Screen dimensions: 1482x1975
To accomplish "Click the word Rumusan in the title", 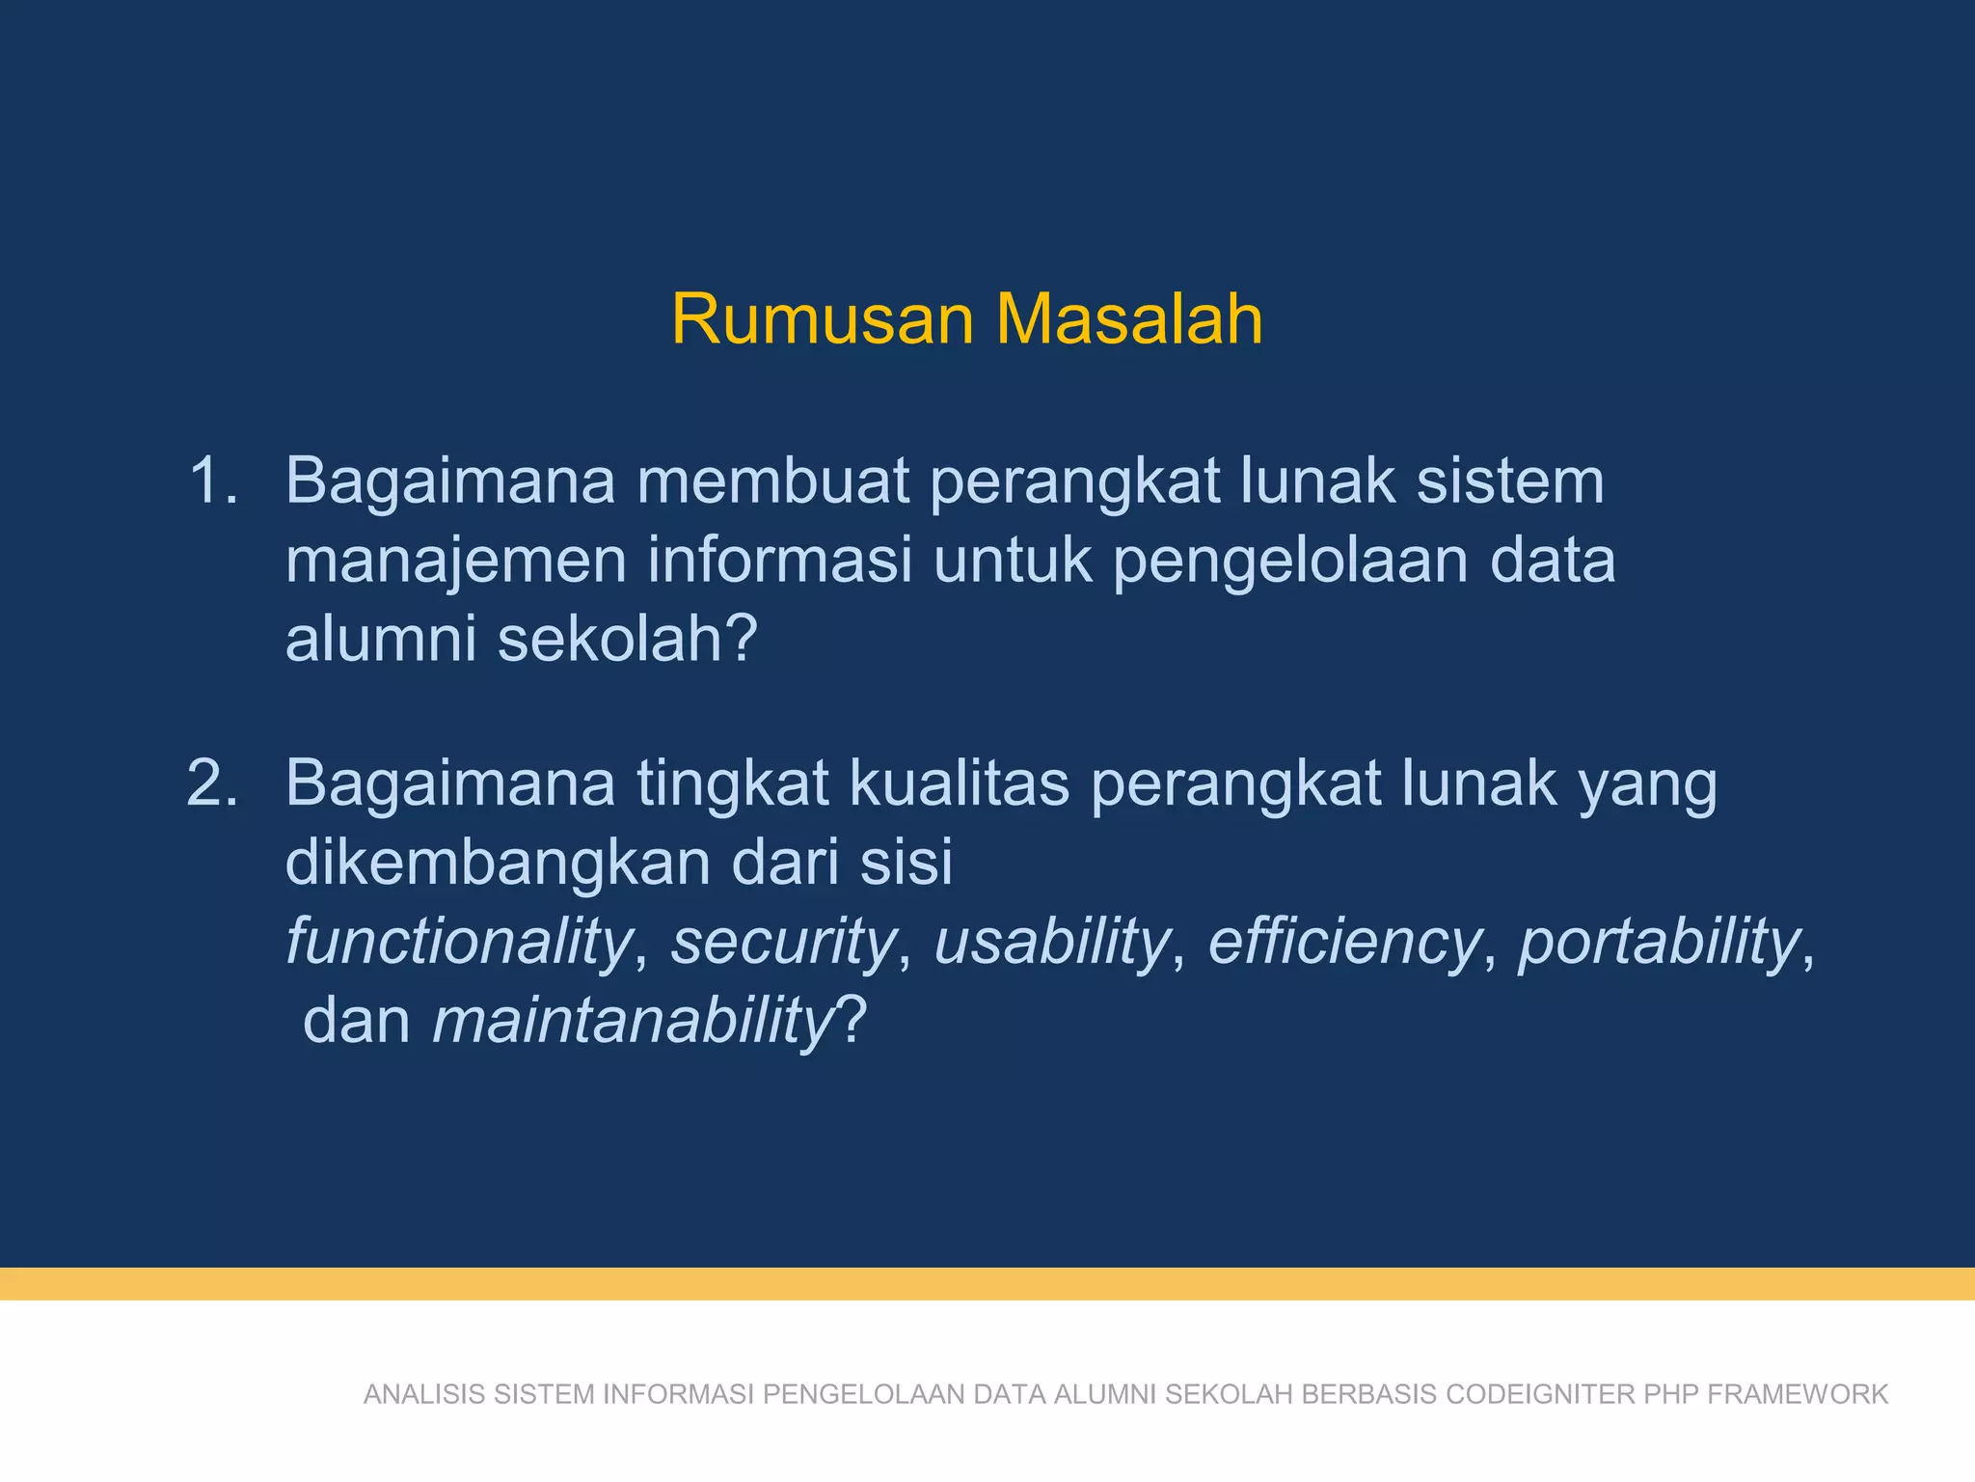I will pyautogui.click(x=823, y=319).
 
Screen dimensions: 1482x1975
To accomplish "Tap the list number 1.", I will pyautogui.click(x=212, y=480).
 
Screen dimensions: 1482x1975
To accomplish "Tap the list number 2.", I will pyautogui.click(x=212, y=782).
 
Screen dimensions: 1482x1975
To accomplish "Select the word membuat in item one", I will pyautogui.click(x=772, y=480).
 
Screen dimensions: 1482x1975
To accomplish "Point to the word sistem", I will pyautogui.click(x=1509, y=480).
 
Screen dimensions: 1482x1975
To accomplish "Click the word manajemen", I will pyautogui.click(x=455, y=561).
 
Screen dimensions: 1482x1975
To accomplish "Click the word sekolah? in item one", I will pyautogui.click(x=627, y=639).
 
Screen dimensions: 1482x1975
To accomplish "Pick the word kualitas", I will pyautogui.click(x=959, y=782).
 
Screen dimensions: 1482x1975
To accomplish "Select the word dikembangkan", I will pyautogui.click(x=497, y=862).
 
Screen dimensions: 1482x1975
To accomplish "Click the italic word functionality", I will pyautogui.click(x=459, y=942).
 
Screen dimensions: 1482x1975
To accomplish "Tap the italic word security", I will pyautogui.click(x=784, y=942).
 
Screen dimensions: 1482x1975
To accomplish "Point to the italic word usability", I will pyautogui.click(x=1052, y=942).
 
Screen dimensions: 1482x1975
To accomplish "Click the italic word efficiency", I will pyautogui.click(x=1344, y=942).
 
